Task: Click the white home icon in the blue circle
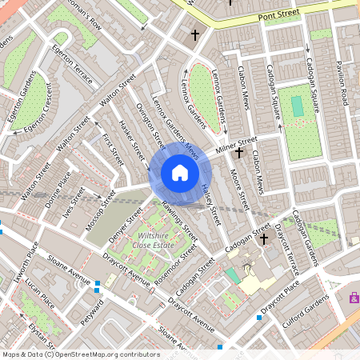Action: pyautogui.click(x=180, y=173)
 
